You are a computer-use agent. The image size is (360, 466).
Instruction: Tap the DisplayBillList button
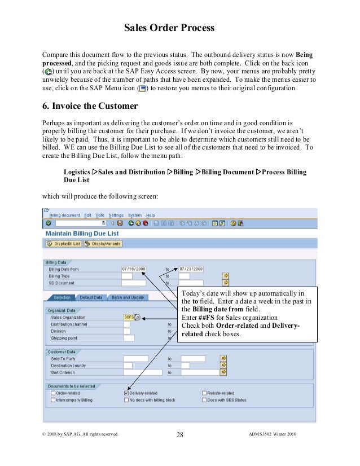coord(64,244)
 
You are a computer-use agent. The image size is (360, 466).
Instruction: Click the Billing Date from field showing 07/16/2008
coord(134,269)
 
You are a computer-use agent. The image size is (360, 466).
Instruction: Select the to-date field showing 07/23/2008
coord(191,269)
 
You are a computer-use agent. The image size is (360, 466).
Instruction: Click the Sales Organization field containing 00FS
coord(129,318)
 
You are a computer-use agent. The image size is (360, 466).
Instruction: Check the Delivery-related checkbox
coord(126,393)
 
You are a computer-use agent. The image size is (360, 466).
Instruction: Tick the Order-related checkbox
coord(53,393)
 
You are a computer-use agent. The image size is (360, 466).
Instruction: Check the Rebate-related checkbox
coord(204,393)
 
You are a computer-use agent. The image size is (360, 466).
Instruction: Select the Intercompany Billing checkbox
coord(53,400)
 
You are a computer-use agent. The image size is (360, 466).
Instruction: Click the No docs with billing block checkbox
coord(126,400)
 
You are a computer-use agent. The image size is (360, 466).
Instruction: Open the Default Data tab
coord(90,297)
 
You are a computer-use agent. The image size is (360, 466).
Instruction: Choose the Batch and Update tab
coord(127,297)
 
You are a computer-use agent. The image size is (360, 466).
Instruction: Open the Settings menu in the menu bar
coord(116,215)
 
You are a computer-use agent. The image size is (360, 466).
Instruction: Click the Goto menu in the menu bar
coord(100,215)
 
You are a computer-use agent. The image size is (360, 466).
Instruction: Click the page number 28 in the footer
coord(180,434)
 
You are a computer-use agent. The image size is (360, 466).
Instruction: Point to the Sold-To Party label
coord(63,358)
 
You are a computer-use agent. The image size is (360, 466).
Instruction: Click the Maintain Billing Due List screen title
coord(82,232)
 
